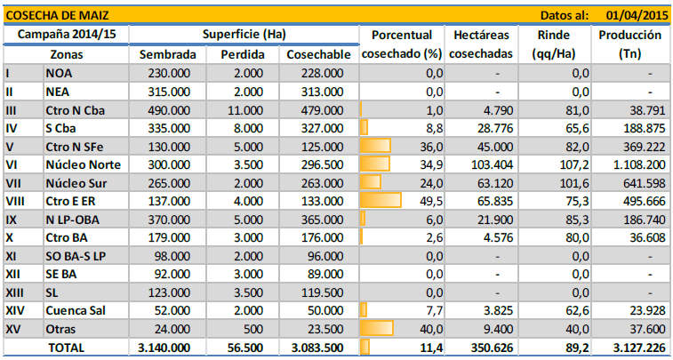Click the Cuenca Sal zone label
pos(79,310)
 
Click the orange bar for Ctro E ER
pos(381,201)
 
